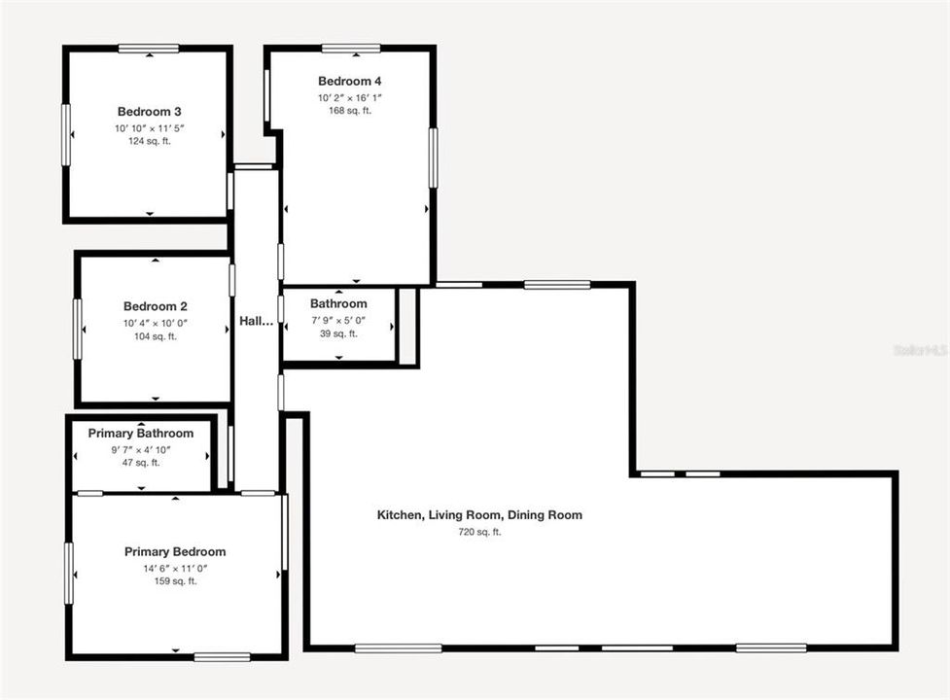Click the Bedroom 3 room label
(x=150, y=112)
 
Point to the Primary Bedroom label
(x=175, y=552)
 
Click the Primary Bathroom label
(x=141, y=434)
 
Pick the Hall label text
(x=256, y=321)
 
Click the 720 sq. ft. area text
(x=479, y=532)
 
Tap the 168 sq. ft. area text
(x=350, y=111)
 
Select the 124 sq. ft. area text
(x=150, y=141)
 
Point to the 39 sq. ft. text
(x=338, y=333)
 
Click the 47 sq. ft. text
(x=141, y=463)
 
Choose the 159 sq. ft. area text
(x=175, y=581)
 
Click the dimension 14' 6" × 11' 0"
(x=175, y=568)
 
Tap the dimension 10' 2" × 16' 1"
(x=350, y=97)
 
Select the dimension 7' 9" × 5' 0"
(x=338, y=319)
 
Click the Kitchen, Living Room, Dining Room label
(x=479, y=515)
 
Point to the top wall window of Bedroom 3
(x=149, y=49)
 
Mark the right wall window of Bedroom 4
(x=433, y=157)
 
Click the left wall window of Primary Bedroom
(x=69, y=574)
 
